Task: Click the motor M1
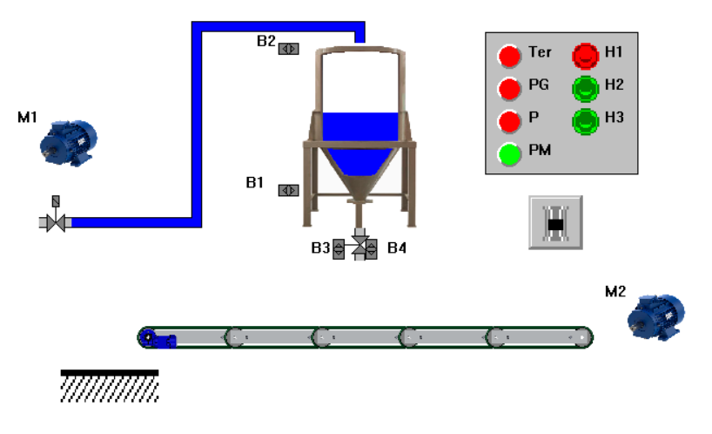click(70, 140)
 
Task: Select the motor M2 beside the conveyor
click(657, 316)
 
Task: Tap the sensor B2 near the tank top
click(289, 49)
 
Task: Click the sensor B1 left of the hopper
click(289, 190)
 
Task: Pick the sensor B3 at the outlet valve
click(339, 249)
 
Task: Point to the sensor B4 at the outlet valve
click(372, 249)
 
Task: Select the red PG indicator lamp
click(509, 88)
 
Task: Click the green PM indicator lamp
click(509, 153)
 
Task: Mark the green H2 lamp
click(586, 88)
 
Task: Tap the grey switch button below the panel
click(555, 222)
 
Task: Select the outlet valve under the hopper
click(356, 247)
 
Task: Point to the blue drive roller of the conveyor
click(150, 337)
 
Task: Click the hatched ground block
click(110, 386)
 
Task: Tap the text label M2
click(615, 292)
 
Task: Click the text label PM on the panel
click(540, 151)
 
